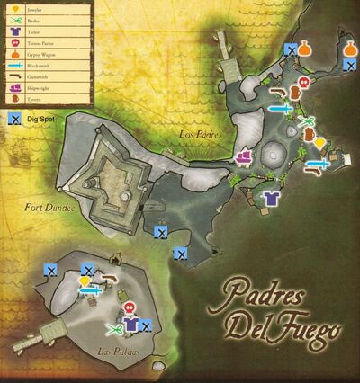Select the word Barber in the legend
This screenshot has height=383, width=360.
tap(35, 21)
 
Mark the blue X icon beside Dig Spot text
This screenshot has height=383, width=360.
tap(15, 118)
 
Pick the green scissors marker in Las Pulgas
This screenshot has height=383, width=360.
tap(113, 327)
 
